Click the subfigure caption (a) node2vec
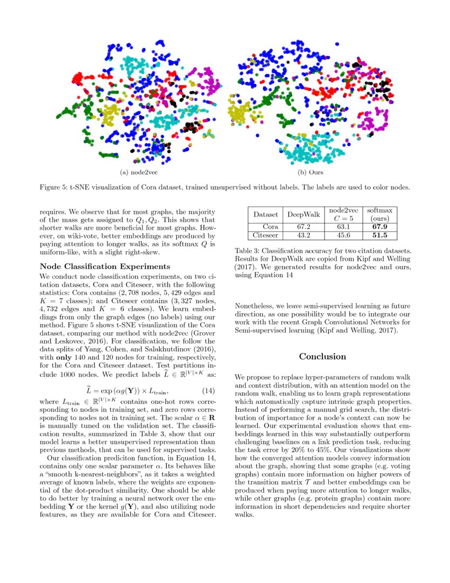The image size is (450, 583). click(x=139, y=172)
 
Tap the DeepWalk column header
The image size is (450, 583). click(x=303, y=215)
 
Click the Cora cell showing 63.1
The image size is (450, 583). click(x=343, y=227)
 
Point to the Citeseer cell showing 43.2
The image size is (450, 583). click(x=303, y=235)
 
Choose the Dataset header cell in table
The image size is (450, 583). click(x=266, y=215)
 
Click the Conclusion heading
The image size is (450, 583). click(x=322, y=357)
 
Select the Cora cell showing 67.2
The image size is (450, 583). click(x=303, y=227)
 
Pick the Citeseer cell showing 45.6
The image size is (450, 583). click(x=343, y=235)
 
